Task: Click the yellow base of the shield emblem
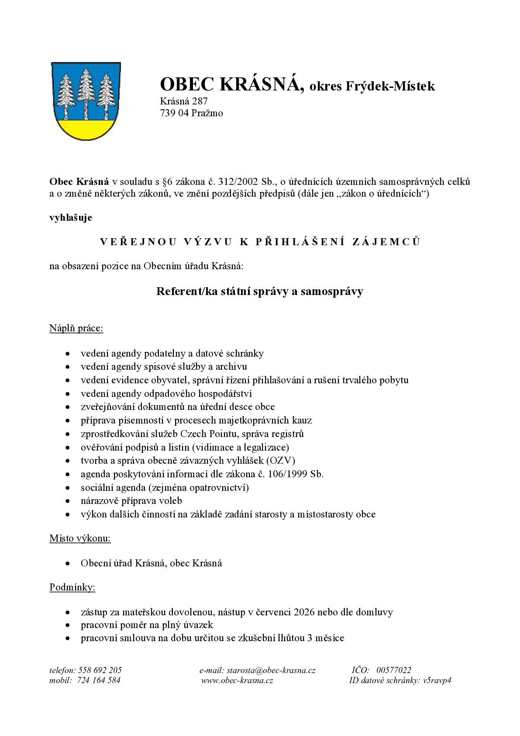[86, 128]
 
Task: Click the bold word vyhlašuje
[71, 218]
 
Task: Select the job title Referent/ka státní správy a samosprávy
[260, 292]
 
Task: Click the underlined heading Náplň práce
[76, 328]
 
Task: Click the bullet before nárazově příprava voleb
[68, 501]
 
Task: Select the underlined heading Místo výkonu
[80, 538]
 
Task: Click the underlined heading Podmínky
[72, 587]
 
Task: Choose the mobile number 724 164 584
[99, 680]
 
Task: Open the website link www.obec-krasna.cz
[238, 680]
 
